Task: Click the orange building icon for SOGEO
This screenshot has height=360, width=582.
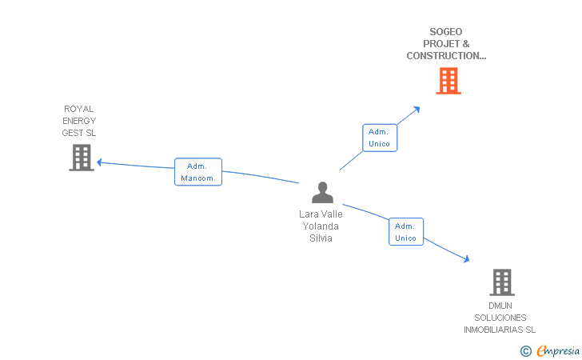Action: coord(448,81)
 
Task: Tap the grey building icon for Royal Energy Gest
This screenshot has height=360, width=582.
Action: coord(82,158)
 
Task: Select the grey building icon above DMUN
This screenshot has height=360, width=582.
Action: coord(501,282)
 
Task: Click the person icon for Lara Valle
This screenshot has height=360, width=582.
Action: coord(322,193)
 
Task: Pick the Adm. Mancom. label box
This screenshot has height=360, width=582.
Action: coord(198,172)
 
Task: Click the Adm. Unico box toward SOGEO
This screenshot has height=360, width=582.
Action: coord(380,138)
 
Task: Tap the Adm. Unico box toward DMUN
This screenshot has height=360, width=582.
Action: coord(406,232)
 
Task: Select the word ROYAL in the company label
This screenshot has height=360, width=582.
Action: coord(79,109)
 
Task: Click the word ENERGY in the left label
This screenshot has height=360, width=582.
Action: coord(79,121)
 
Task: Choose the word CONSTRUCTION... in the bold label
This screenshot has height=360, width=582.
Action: coord(446,56)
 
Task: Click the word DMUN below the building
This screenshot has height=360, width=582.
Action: coord(500,306)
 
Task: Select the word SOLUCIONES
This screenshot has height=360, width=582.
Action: coord(500,318)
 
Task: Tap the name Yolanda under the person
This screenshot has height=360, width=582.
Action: coord(321,226)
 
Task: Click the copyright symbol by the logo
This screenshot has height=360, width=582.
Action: coord(525,350)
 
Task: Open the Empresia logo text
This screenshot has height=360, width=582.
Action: coord(558,350)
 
